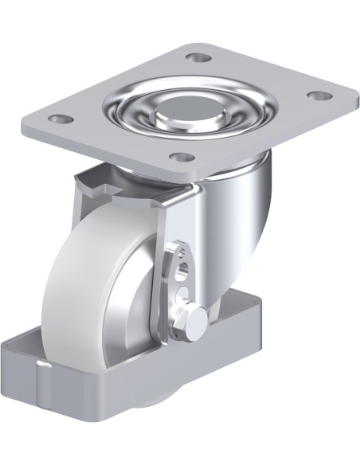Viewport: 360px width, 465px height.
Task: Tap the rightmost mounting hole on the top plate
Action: [319, 96]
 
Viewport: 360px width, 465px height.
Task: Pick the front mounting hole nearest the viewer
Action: [181, 156]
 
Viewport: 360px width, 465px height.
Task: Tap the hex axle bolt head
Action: [195, 316]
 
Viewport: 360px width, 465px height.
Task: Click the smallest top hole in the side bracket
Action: [181, 253]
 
